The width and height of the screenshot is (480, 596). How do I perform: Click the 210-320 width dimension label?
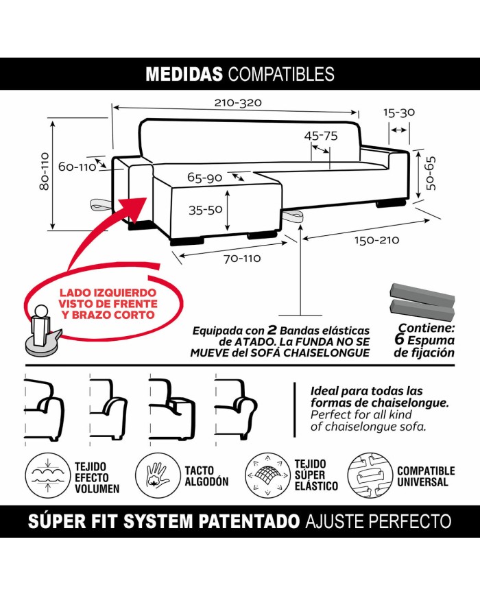point(238,103)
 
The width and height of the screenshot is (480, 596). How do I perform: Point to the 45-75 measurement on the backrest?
point(321,136)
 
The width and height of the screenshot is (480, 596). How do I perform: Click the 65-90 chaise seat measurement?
point(204,178)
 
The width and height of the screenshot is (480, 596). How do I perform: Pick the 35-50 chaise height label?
point(206,211)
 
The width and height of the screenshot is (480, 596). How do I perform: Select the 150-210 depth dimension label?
point(376,241)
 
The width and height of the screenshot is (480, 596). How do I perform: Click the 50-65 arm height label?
point(431,174)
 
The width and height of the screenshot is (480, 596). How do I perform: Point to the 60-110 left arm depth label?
point(76,167)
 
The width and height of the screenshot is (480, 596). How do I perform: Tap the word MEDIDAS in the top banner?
point(184,74)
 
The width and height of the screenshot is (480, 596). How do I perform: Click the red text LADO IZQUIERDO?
point(107,291)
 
